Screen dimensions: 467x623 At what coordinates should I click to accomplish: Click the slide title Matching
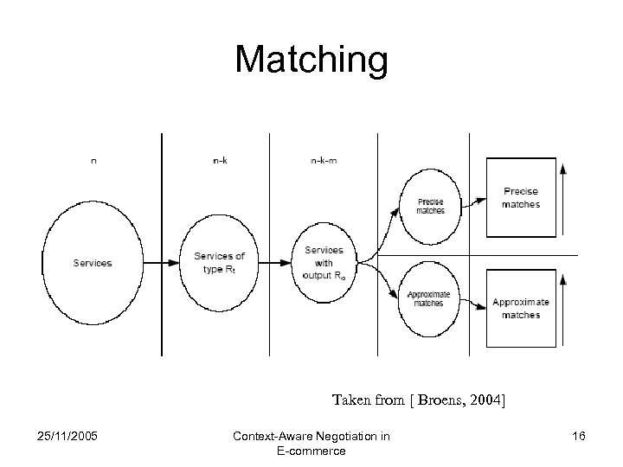click(311, 60)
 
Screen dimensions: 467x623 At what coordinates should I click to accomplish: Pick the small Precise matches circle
click(430, 206)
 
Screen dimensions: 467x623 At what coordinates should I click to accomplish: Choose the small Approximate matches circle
click(429, 298)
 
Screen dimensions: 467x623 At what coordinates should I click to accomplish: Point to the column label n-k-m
click(323, 160)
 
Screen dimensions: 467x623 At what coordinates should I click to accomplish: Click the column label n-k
click(221, 160)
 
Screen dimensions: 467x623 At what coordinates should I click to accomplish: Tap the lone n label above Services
click(93, 160)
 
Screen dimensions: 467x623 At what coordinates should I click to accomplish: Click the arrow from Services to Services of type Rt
click(161, 263)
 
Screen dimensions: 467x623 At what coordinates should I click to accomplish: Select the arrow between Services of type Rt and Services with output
click(274, 263)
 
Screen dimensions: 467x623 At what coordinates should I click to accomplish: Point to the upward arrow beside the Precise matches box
click(563, 199)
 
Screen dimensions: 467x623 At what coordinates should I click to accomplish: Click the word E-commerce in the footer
click(311, 451)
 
